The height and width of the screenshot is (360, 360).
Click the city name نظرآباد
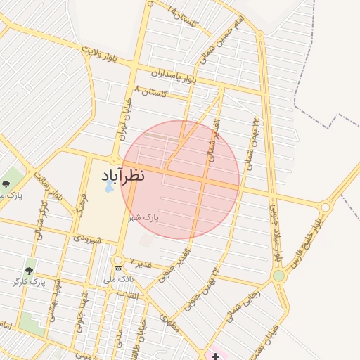tap(133, 175)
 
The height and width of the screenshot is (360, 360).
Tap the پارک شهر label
tap(143, 218)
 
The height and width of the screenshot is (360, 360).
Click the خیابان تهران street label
tap(125, 120)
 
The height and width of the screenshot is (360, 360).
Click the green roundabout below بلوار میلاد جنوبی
tap(279, 276)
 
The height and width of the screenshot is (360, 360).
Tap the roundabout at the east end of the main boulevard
tap(325, 208)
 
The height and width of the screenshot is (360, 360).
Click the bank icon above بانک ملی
tap(118, 269)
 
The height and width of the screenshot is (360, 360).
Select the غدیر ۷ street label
tap(141, 263)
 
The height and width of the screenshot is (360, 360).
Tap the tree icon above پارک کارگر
tap(29, 270)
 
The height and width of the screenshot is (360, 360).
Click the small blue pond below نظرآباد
tap(109, 187)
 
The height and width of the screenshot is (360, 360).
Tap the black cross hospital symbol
tap(215, 356)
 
